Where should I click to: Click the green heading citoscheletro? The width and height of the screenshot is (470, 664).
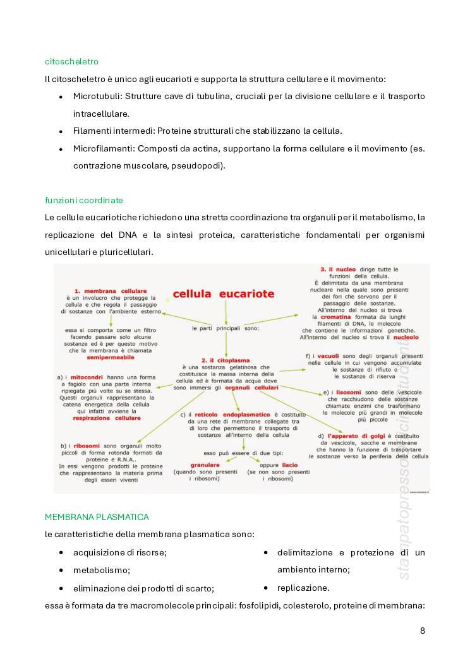(x=71, y=61)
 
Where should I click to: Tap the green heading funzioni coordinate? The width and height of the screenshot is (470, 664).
(x=83, y=200)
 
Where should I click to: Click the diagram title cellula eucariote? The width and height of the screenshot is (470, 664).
(x=223, y=293)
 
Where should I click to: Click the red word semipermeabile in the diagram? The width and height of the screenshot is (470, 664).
(x=111, y=357)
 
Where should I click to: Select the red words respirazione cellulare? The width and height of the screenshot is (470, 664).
(x=107, y=418)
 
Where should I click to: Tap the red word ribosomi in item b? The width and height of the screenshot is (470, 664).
(x=87, y=446)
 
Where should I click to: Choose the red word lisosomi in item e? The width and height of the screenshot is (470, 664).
(x=349, y=392)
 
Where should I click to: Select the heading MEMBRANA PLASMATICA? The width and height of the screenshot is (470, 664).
(x=97, y=517)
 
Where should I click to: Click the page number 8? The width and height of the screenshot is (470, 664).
(x=422, y=631)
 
